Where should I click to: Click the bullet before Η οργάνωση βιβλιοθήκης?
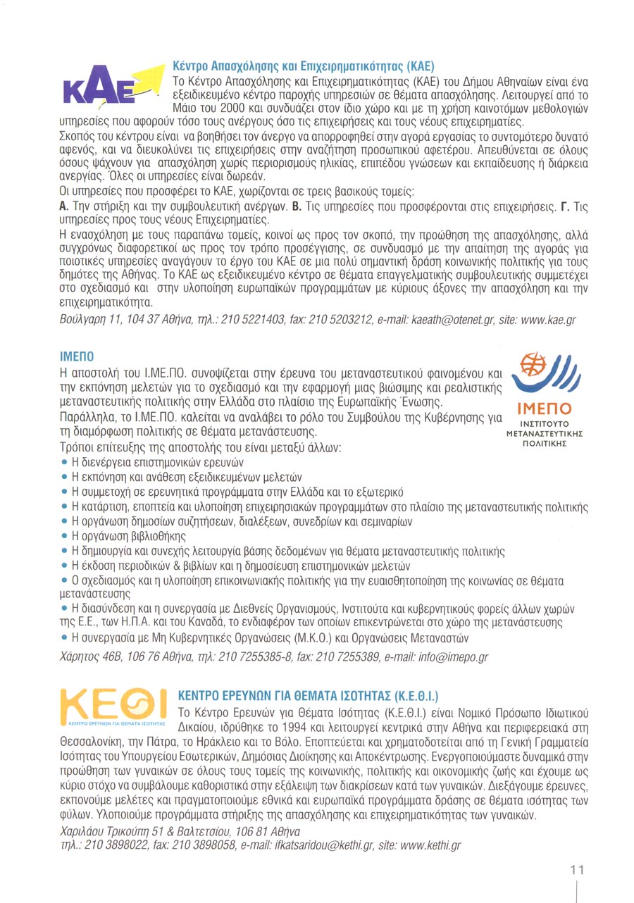pos(65,537)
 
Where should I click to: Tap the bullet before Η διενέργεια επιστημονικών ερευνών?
pos(65,462)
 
